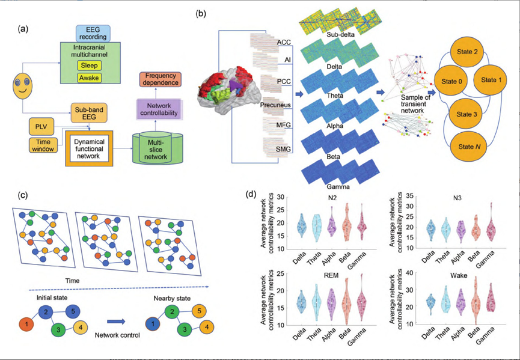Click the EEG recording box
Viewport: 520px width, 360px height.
click(x=91, y=33)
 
